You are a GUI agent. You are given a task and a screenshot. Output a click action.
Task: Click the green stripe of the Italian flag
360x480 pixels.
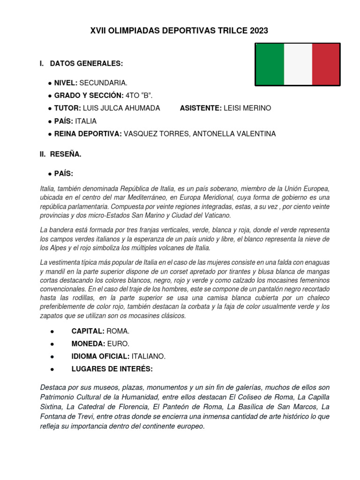[270, 64]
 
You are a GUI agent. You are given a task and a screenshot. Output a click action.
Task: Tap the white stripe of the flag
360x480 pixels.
[298, 64]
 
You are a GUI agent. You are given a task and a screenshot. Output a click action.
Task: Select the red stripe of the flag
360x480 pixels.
[326, 64]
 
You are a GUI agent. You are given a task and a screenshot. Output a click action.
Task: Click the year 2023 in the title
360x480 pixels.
[259, 31]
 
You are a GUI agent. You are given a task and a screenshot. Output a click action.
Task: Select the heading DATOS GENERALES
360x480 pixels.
[86, 63]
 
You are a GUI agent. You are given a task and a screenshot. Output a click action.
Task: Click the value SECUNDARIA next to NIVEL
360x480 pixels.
[103, 83]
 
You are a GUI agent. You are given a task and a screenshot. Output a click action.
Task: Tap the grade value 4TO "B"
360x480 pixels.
[139, 96]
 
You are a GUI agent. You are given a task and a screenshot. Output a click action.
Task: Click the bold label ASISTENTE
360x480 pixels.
[201, 108]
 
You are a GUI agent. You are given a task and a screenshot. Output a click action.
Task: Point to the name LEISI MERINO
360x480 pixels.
[247, 108]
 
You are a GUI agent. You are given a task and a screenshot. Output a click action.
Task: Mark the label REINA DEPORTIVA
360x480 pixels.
[88, 134]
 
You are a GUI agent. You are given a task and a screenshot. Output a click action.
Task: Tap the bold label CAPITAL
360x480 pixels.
[88, 331]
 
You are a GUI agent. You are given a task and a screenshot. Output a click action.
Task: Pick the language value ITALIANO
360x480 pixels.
[149, 357]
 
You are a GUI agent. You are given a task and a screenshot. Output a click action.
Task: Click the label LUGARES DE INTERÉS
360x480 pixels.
[112, 369]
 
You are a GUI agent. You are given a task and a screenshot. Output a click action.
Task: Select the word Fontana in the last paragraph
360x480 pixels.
[53, 417]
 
